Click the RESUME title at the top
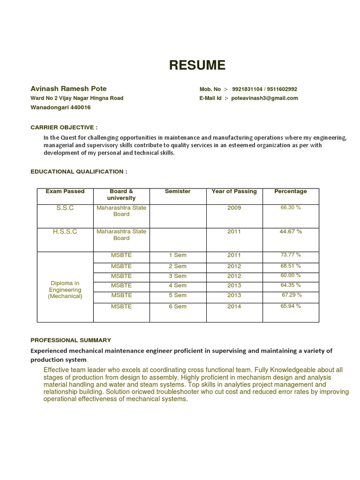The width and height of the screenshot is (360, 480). [197, 66]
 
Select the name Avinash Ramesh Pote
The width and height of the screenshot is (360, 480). [68, 89]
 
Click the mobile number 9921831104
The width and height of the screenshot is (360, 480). [247, 89]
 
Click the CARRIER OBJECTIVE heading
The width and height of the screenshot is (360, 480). [64, 127]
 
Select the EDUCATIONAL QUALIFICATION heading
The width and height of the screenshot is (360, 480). [79, 172]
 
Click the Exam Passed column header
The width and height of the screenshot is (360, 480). [65, 191]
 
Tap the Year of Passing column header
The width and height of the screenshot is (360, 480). [234, 191]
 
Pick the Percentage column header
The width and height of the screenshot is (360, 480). [291, 191]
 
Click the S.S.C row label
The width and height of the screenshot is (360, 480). [65, 208]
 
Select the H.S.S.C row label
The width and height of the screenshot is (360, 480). [65, 232]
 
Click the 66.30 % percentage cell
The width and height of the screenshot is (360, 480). [291, 207]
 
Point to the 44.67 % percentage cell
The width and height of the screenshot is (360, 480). [291, 232]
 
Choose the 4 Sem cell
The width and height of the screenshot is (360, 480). [178, 285]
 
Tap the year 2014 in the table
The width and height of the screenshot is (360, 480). [234, 307]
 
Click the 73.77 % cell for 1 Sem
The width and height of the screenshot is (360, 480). [291, 255]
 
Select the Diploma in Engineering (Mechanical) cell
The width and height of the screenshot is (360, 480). [65, 290]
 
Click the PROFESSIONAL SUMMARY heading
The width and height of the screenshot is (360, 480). [71, 340]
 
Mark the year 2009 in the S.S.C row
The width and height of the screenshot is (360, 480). [234, 208]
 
